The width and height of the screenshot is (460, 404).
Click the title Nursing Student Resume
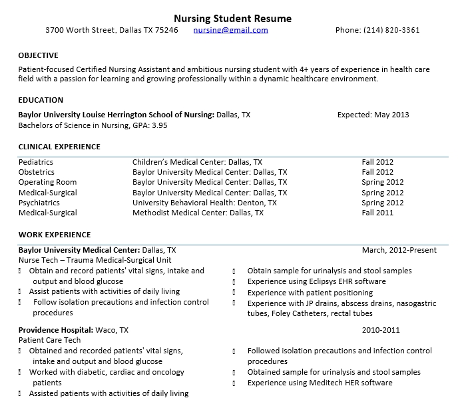click(232, 18)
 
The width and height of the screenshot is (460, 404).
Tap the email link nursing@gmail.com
click(230, 30)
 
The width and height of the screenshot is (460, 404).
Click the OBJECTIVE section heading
click(38, 55)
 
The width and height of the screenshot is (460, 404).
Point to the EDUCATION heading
click(41, 100)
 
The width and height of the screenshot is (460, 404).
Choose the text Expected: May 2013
click(373, 115)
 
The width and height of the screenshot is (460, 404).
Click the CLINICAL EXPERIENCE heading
click(59, 147)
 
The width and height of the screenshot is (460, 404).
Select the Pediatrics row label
click(36, 162)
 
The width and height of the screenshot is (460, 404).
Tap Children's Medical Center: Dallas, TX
click(197, 162)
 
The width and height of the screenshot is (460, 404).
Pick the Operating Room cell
click(47, 182)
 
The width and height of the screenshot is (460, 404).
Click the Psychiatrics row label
click(39, 203)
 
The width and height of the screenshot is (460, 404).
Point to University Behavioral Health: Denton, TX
click(204, 203)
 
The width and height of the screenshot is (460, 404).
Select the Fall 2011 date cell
click(377, 213)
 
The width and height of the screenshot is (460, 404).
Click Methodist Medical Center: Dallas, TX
click(198, 213)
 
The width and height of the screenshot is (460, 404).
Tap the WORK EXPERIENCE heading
click(55, 235)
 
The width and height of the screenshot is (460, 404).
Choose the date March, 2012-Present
click(399, 250)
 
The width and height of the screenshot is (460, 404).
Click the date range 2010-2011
click(381, 330)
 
